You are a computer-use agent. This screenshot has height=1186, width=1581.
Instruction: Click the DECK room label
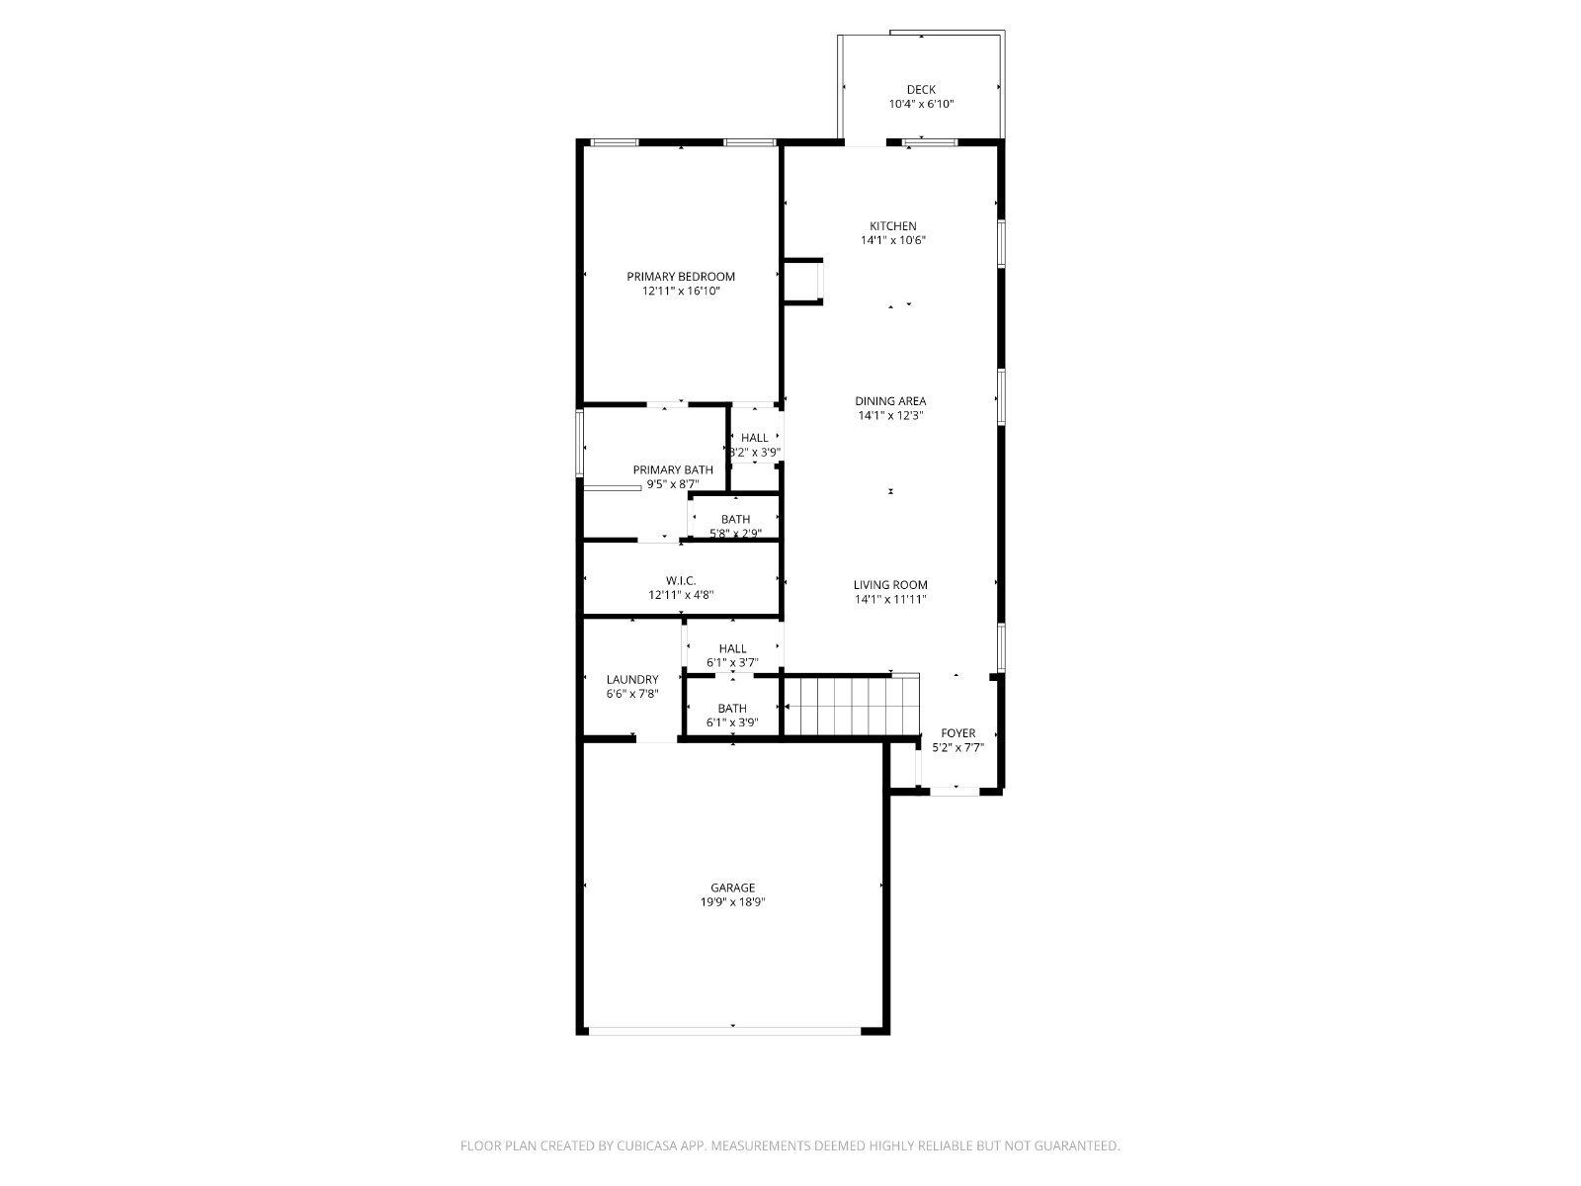click(921, 89)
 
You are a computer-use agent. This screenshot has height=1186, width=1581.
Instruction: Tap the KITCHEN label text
click(892, 226)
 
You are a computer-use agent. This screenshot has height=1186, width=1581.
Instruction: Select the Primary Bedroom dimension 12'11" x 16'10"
click(681, 291)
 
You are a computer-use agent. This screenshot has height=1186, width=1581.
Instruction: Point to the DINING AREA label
click(890, 401)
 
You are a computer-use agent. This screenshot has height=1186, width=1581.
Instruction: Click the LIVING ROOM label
click(890, 585)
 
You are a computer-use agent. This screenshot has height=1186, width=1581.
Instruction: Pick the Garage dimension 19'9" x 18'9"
click(732, 902)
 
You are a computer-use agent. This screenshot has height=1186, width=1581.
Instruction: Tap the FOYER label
click(957, 733)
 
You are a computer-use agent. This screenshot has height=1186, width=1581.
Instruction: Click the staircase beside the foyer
click(852, 705)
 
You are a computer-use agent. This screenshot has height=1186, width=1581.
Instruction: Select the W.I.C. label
click(681, 580)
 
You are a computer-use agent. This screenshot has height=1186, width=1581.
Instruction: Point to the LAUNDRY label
click(632, 679)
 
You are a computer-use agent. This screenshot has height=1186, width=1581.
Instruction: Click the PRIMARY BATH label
click(673, 469)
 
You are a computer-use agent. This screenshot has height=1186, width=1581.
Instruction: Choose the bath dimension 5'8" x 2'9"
click(735, 534)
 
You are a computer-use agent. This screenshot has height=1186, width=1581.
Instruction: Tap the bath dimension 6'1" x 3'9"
click(732, 722)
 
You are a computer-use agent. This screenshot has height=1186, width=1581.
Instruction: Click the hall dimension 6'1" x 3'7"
click(732, 662)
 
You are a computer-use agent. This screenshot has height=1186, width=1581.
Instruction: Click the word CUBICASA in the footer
click(647, 1145)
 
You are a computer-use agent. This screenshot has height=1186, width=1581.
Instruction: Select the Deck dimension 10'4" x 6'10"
click(921, 104)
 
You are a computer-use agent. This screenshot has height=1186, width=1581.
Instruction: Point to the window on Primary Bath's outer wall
click(579, 443)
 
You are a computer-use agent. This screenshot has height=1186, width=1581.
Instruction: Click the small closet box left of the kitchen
click(802, 282)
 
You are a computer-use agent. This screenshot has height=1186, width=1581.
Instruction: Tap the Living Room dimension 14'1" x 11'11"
click(890, 599)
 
